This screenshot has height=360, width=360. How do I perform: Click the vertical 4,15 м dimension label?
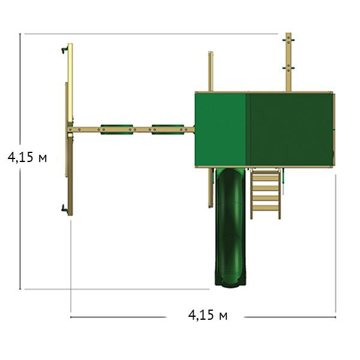28,157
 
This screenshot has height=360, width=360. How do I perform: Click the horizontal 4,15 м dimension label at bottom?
208,315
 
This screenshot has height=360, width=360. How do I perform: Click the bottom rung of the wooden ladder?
266,208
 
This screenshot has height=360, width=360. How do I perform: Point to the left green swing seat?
117,130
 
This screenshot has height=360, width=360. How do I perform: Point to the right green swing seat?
168,130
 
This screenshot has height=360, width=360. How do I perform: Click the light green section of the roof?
220,129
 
